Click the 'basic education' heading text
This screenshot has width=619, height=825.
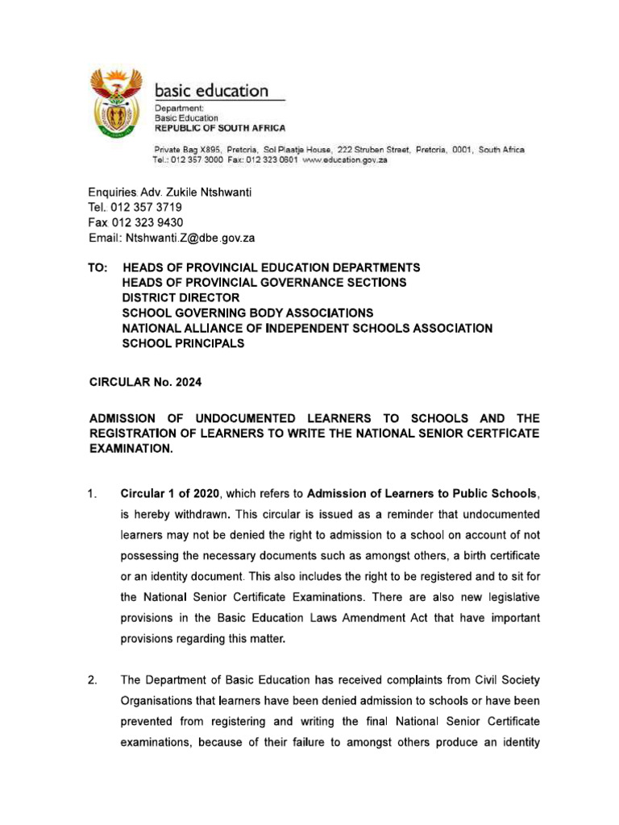pos(211,90)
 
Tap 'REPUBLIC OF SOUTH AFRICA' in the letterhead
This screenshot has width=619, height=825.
pos(219,128)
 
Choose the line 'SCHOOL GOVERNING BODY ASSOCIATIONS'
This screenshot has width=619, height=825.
pos(247,313)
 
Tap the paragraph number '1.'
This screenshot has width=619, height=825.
pos(93,493)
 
